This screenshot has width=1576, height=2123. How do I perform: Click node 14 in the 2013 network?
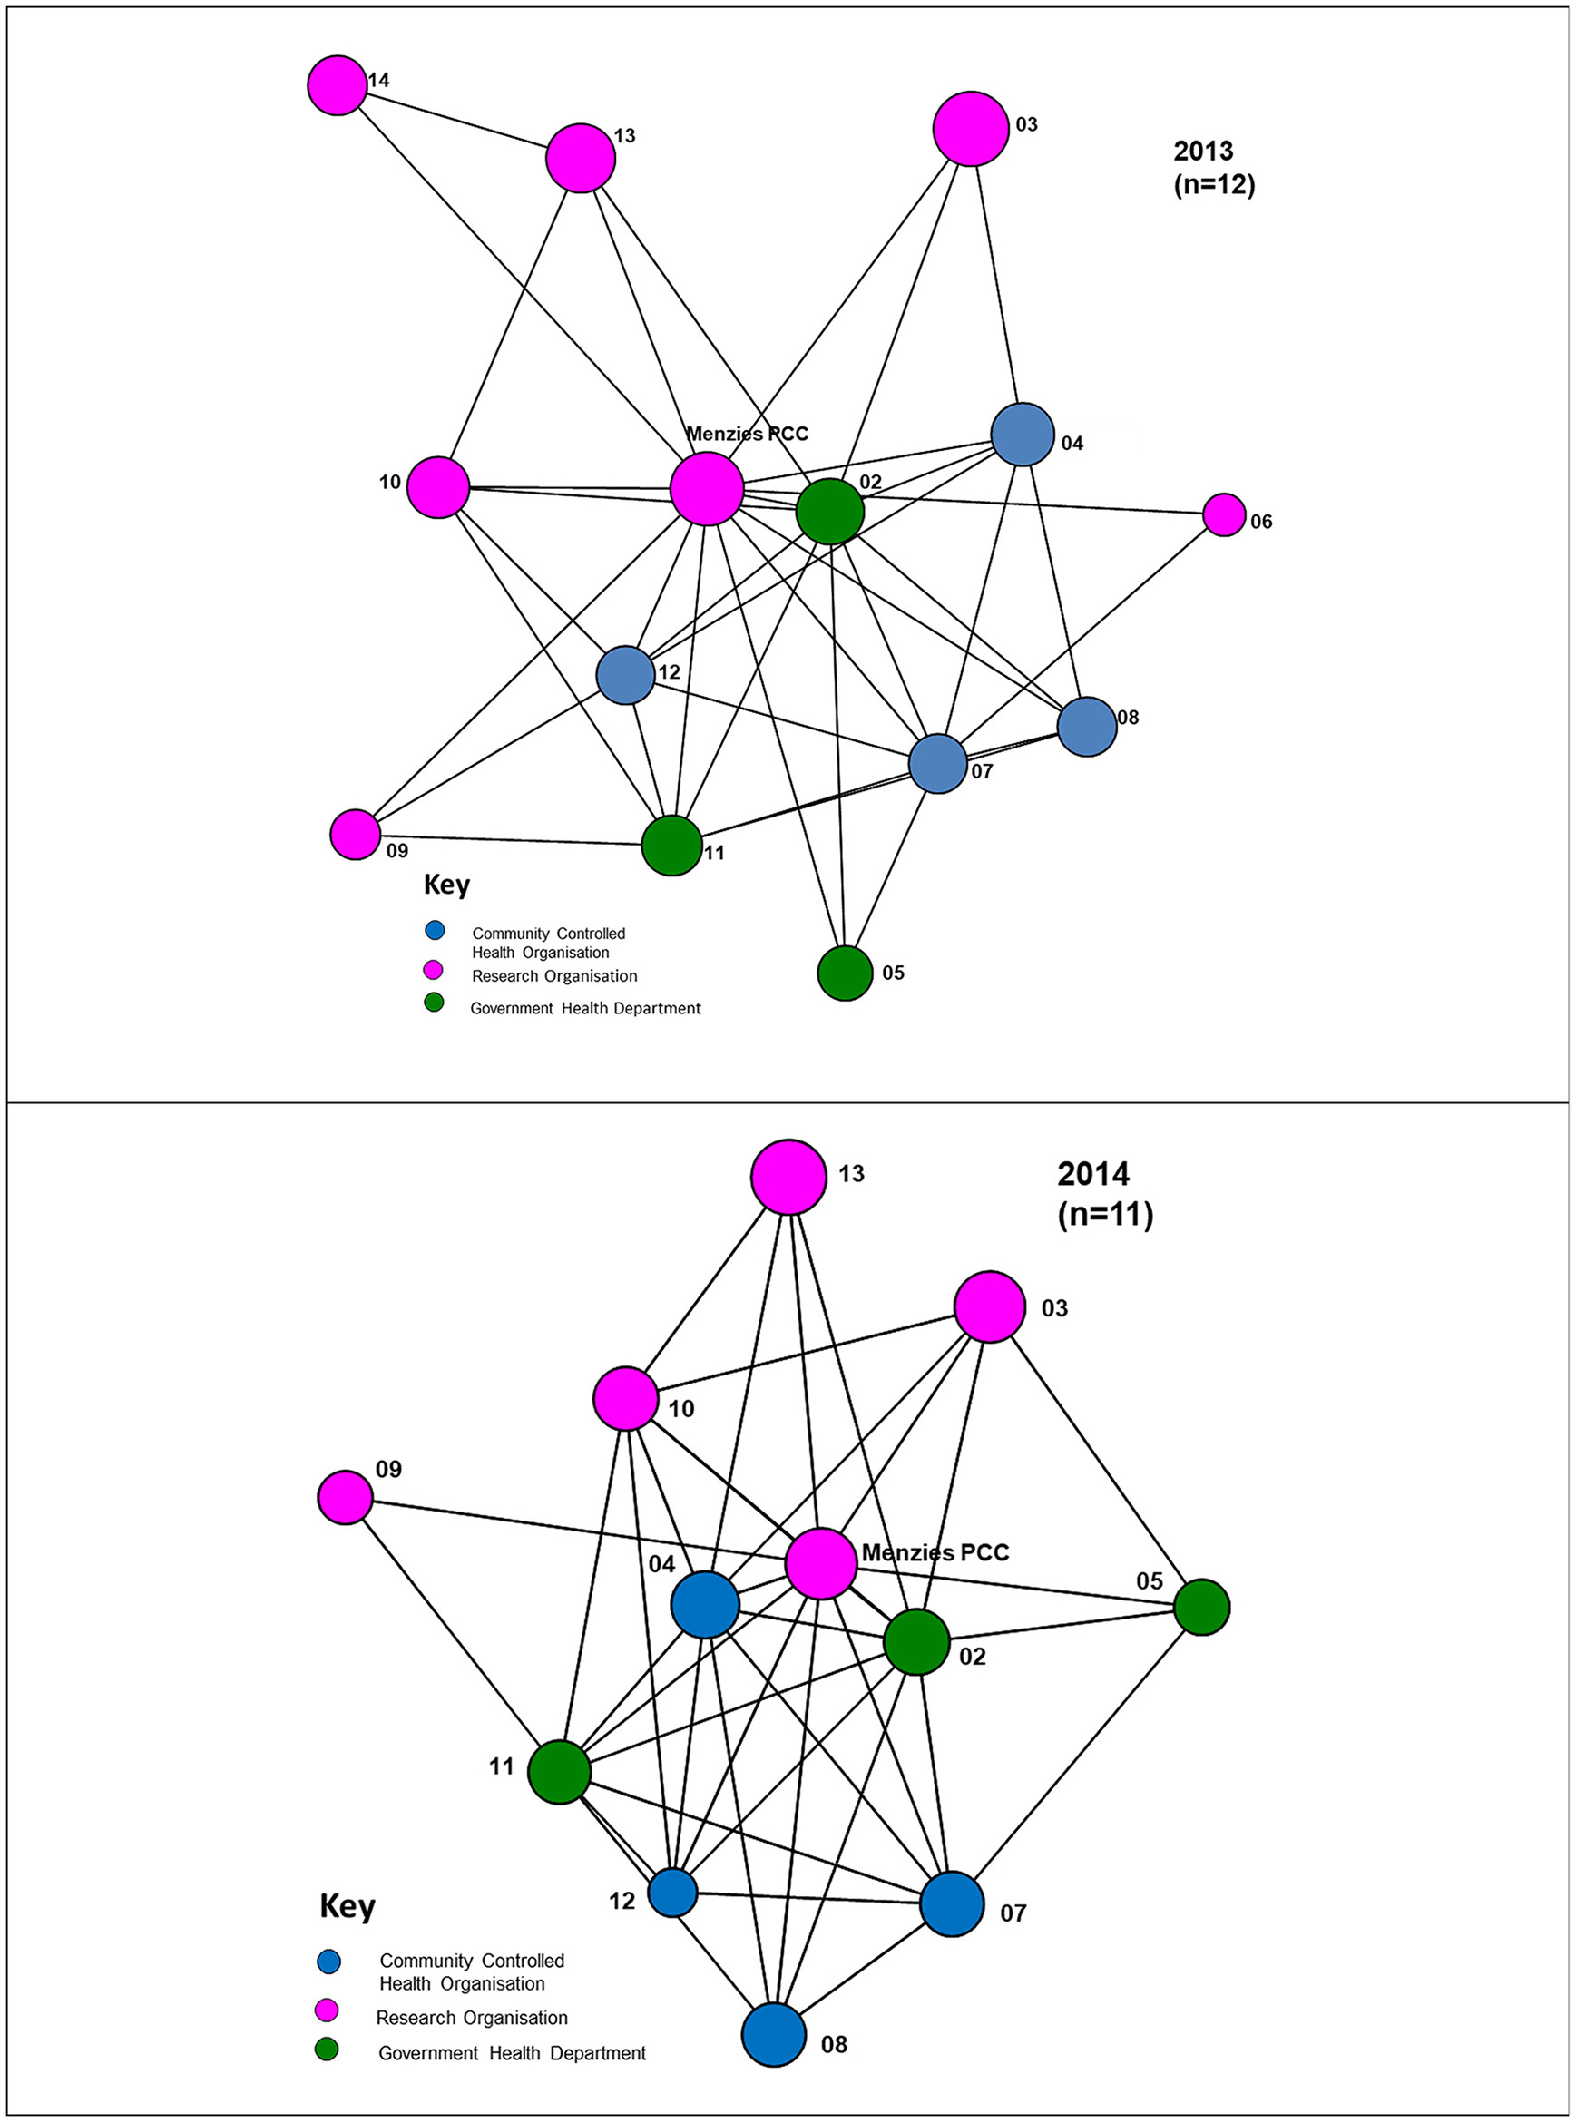337,85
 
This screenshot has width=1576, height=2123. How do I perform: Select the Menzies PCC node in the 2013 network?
706,488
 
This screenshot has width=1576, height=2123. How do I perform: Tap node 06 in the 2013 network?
1223,514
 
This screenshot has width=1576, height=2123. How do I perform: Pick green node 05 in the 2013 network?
845,973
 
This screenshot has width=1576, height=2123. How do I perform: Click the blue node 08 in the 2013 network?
1087,726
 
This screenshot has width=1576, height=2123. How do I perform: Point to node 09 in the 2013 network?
355,835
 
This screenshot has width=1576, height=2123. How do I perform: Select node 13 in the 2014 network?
788,1177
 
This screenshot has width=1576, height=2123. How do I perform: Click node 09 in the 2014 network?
345,1497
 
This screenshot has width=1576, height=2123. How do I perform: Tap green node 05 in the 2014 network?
1201,1607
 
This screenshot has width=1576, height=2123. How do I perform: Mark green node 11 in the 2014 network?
559,1772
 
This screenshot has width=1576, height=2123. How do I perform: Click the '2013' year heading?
1203,151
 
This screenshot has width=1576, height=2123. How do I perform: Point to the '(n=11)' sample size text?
1105,1215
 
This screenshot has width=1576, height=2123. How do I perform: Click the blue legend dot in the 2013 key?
435,929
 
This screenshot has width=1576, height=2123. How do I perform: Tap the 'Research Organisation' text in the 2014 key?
471,2017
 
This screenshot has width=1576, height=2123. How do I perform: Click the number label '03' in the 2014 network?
1054,1307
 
